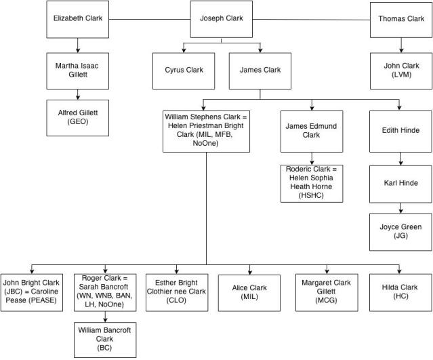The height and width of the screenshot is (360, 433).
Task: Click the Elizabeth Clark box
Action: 78,19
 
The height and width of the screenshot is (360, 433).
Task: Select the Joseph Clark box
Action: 221,19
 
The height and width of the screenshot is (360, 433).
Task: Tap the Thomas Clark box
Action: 400,19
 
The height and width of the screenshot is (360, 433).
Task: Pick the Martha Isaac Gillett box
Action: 78,71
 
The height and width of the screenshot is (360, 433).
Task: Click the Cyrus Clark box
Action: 184,70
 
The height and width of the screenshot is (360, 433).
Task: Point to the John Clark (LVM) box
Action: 400,71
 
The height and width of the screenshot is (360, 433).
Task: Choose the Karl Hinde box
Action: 400,182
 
